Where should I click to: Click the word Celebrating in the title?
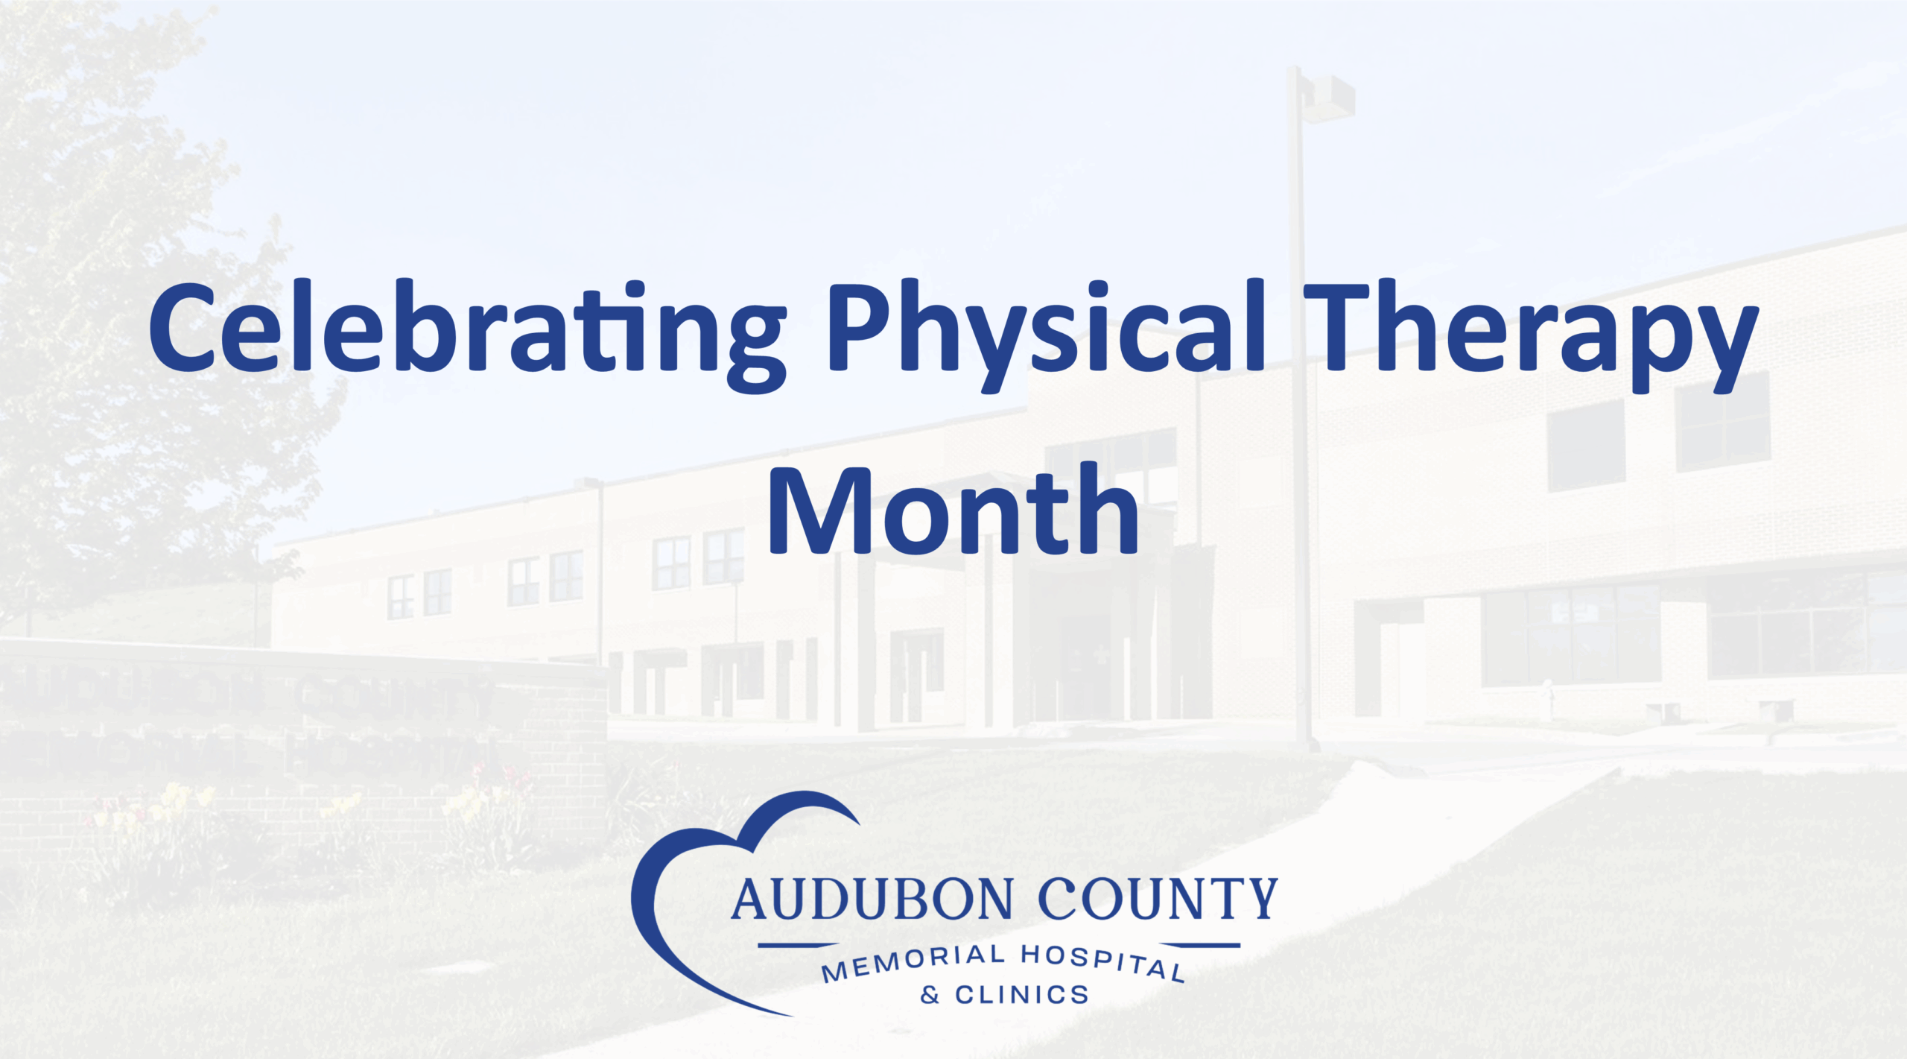coord(468,335)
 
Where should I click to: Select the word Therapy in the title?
coord(1531,335)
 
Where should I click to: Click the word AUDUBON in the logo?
coord(872,899)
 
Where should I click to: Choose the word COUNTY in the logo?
coord(1158,899)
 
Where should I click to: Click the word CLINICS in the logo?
coord(1022,995)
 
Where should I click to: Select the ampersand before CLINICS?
coord(930,995)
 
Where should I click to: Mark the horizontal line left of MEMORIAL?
coord(787,946)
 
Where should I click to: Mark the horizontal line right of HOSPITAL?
coord(1210,946)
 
